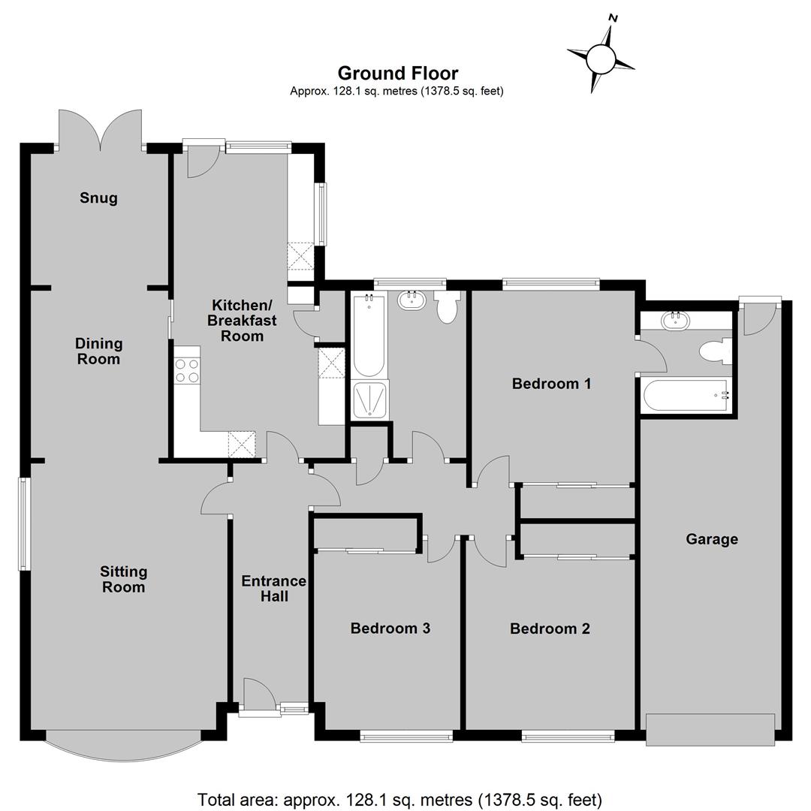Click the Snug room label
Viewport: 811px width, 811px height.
99,198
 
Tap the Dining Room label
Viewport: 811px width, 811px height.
99,351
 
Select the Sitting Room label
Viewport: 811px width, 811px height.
124,579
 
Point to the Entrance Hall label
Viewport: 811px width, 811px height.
273,589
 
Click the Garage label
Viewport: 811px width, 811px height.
712,539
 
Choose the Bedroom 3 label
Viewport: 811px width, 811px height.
390,628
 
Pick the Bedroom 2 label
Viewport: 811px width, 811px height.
550,629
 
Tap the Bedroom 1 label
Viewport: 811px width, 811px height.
551,384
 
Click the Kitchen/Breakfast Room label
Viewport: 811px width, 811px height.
242,321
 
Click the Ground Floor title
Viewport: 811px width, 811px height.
398,73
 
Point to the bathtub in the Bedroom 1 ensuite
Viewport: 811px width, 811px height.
686,396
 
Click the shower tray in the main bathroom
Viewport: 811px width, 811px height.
369,401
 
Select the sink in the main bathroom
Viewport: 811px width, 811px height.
412,301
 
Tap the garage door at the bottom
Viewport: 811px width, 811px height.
710,729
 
